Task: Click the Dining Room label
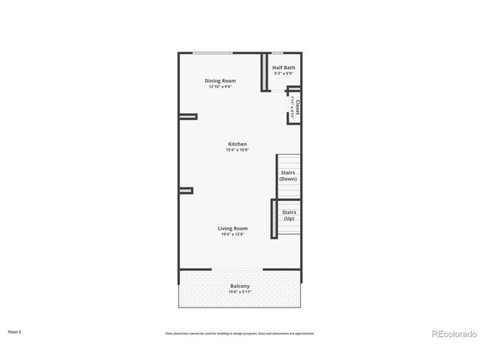pos(220,80)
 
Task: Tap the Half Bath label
pos(283,67)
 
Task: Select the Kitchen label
pos(238,144)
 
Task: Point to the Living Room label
pos(232,228)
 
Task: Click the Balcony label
pos(240,286)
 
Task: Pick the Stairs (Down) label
pos(288,175)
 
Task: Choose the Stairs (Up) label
pos(289,215)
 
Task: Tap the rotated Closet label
pos(298,109)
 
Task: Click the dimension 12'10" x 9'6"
pos(220,87)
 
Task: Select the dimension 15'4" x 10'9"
pos(238,150)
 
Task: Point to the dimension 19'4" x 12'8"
pos(232,235)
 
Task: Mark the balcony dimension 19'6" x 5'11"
pos(240,292)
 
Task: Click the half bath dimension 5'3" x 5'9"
pos(283,73)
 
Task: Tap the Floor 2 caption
pos(15,331)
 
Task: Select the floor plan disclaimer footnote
pos(240,333)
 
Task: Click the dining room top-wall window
pos(212,52)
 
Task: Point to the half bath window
pos(277,52)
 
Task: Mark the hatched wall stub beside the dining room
pos(187,116)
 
